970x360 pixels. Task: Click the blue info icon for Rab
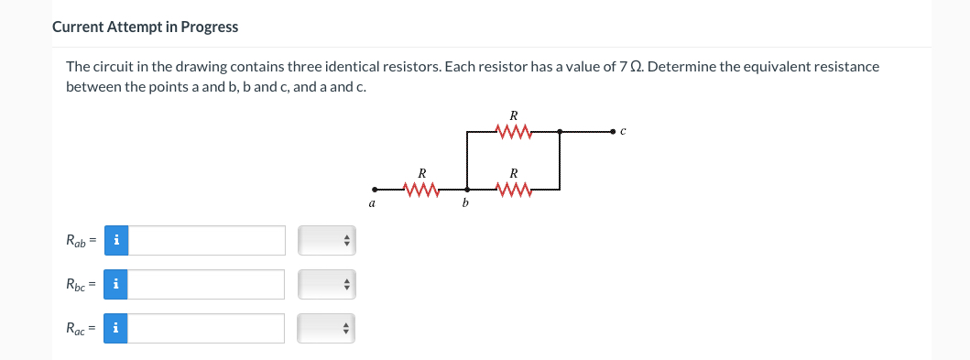[x=115, y=241]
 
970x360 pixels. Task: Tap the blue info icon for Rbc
[x=115, y=285]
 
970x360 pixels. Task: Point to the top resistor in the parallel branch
[x=514, y=134]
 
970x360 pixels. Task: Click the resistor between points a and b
[x=421, y=191]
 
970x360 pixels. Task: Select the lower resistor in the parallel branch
[x=514, y=191]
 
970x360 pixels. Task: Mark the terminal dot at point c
[x=615, y=133]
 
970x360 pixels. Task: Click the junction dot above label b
[x=467, y=191]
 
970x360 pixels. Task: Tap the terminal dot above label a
[x=373, y=191]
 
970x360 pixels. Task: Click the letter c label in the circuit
[x=623, y=133]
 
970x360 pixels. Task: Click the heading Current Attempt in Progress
[x=146, y=27]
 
